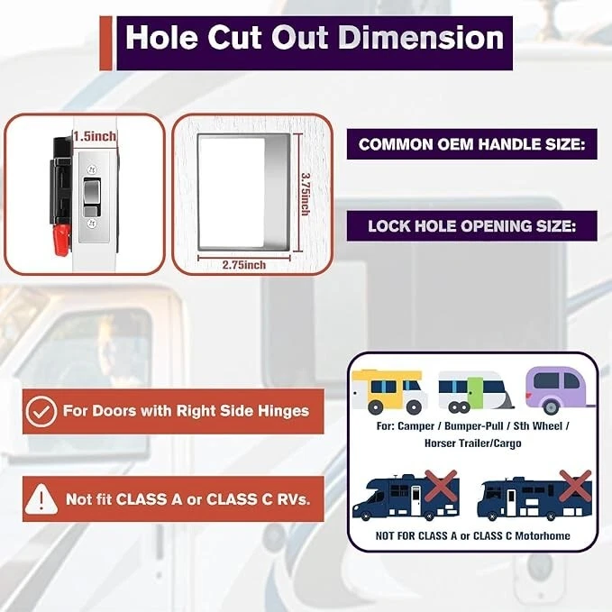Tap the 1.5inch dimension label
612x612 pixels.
coord(95,136)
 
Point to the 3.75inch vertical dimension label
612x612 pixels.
coord(306,194)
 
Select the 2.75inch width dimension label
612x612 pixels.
coord(244,265)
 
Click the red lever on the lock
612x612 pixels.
coord(61,239)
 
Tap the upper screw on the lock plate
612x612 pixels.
coord(92,169)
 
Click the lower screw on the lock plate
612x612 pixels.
coord(92,224)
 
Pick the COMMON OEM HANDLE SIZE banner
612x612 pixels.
coord(472,144)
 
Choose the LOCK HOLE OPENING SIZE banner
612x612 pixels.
coord(472,226)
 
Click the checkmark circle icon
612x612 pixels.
coord(41,411)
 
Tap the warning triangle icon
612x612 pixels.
coord(41,499)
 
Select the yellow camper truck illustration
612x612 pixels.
coord(388,391)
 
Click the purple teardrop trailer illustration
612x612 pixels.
coord(559,390)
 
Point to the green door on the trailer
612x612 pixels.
coord(475,393)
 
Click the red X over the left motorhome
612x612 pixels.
coord(440,486)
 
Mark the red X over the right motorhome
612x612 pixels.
coord(575,486)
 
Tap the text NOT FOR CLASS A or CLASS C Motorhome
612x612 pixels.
coord(472,535)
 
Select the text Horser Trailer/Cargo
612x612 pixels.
coord(472,443)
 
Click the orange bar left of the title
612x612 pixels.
coord(105,43)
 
